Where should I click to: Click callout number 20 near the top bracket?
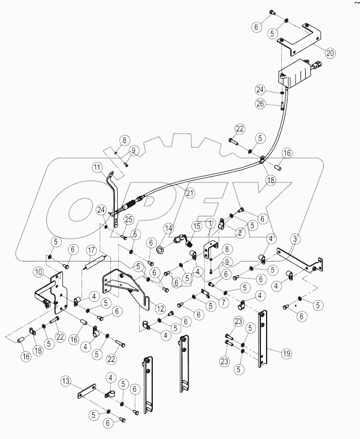coord(330,53)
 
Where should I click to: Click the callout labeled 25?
coord(128,219)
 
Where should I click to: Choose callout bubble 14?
coord(168,228)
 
